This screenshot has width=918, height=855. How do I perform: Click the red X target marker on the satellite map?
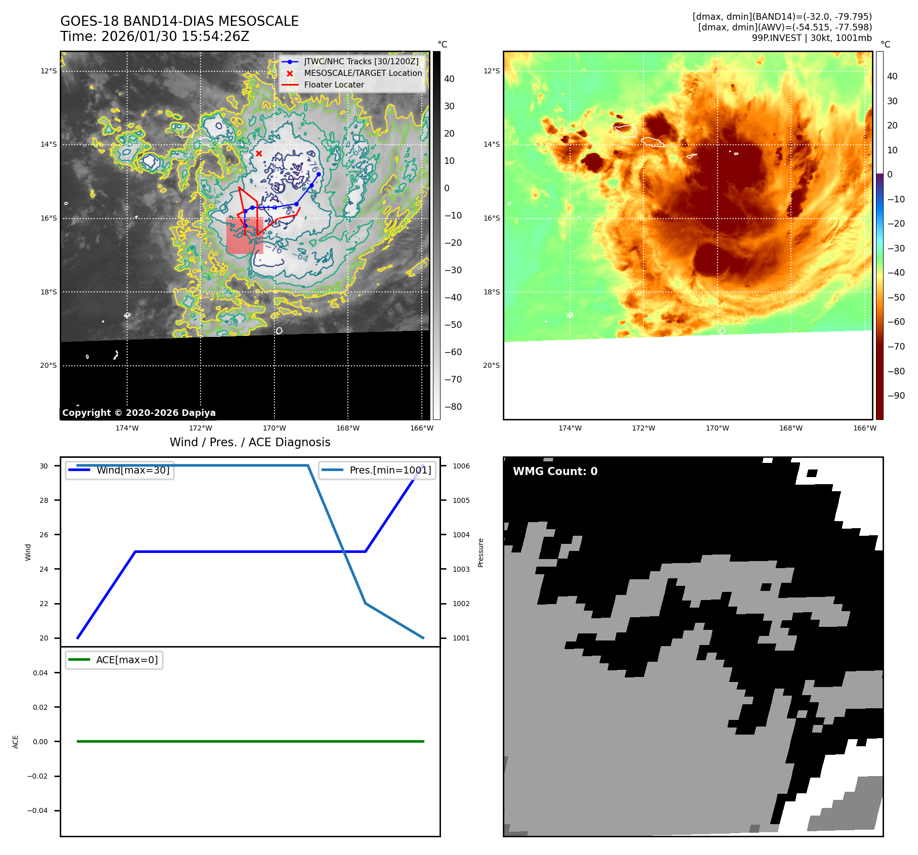pyautogui.click(x=259, y=153)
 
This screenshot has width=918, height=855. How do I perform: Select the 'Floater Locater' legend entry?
pyautogui.click(x=334, y=85)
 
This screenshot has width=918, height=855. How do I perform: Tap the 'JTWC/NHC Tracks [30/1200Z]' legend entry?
pyautogui.click(x=361, y=62)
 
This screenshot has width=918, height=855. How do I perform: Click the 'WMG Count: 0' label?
pyautogui.click(x=555, y=472)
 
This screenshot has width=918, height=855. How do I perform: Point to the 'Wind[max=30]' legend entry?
pyautogui.click(x=133, y=471)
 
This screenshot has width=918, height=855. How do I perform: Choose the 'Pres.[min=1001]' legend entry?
pyautogui.click(x=390, y=471)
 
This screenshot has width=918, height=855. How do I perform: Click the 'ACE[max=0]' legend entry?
pyautogui.click(x=127, y=660)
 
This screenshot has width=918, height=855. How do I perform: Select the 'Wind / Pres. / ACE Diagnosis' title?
pyautogui.click(x=250, y=443)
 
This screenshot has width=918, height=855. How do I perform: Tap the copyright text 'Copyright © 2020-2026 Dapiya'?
pyautogui.click(x=139, y=413)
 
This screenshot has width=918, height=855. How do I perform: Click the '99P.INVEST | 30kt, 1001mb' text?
pyautogui.click(x=811, y=38)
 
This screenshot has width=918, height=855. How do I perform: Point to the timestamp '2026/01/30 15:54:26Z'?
pyautogui.click(x=175, y=37)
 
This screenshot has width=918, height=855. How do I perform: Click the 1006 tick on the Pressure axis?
pyautogui.click(x=461, y=466)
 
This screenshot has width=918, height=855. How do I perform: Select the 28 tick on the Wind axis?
pyautogui.click(x=44, y=500)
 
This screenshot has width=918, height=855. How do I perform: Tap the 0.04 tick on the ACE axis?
pyautogui.click(x=41, y=673)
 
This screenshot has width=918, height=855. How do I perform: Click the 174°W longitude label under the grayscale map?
pyautogui.click(x=127, y=429)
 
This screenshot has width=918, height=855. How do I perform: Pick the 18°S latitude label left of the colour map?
pyautogui.click(x=491, y=292)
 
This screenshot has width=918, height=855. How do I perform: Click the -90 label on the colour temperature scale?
pyautogui.click(x=895, y=396)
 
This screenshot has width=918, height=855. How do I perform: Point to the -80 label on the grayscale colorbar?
pyautogui.click(x=453, y=407)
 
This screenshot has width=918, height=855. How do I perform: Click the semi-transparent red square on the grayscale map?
pyautogui.click(x=244, y=236)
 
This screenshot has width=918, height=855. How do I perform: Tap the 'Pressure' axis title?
pyautogui.click(x=481, y=552)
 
